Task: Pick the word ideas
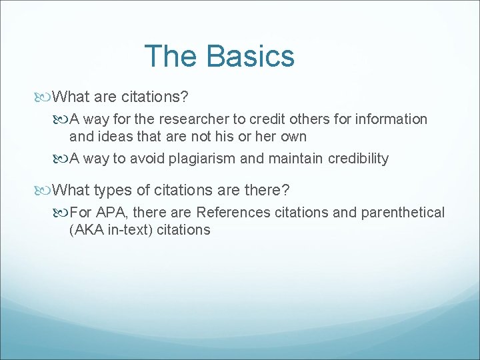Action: click(115, 137)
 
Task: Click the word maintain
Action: click(293, 159)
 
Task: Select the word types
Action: click(113, 191)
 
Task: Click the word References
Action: click(234, 213)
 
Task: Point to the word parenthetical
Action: click(403, 213)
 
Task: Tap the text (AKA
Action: click(85, 230)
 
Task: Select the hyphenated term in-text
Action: click(129, 230)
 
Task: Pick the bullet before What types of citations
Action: click(44, 191)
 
